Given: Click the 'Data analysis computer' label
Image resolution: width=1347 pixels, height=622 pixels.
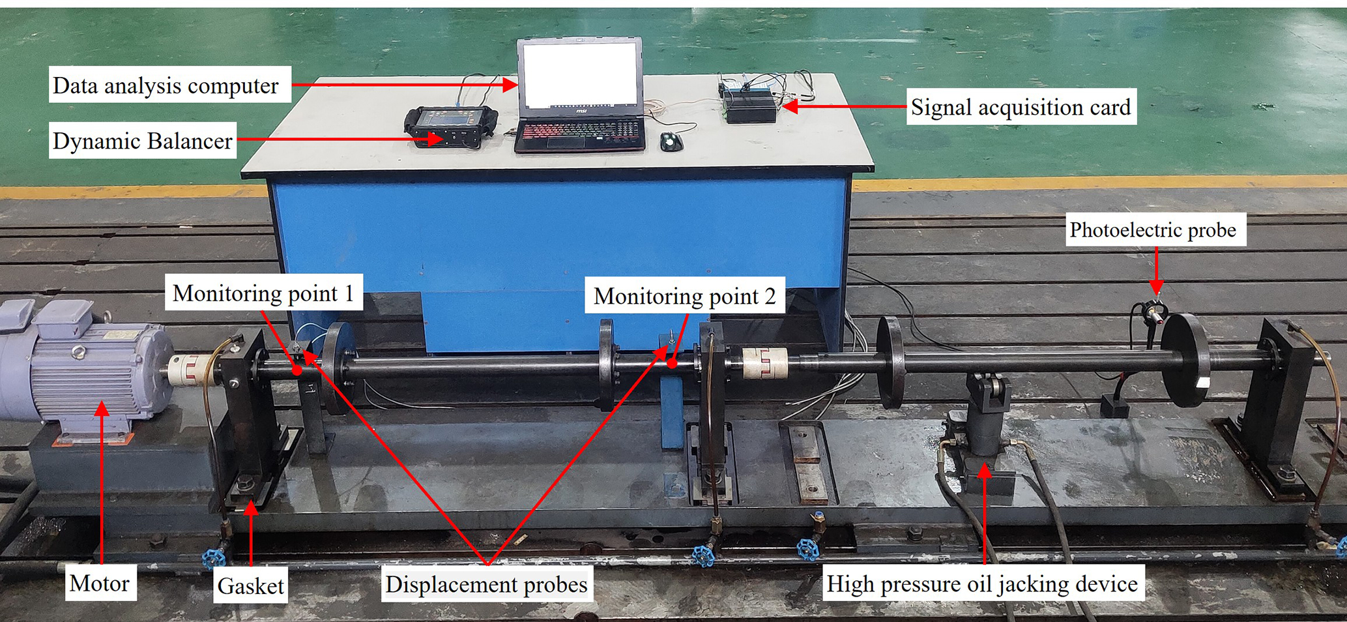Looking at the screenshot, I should point(166,85).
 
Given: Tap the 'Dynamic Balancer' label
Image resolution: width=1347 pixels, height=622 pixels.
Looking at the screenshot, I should point(142,141).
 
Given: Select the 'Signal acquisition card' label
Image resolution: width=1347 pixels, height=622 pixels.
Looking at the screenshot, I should point(1021,107).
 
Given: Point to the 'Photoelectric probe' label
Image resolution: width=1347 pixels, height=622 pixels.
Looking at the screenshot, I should point(1153,230).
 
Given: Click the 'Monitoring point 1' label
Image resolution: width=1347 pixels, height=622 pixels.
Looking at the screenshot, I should point(263,293).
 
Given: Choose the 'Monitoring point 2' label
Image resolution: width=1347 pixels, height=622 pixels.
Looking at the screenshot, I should point(684,296).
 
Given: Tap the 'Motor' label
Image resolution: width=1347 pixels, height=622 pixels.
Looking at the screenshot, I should point(99,583).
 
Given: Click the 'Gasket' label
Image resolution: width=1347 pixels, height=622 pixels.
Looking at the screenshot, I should point(250,585).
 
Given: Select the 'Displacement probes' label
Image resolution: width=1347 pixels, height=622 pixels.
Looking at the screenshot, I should point(486,584).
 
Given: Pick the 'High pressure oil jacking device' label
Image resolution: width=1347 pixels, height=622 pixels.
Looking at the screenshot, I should point(981,584).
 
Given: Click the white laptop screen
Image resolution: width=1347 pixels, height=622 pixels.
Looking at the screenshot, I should point(579,74).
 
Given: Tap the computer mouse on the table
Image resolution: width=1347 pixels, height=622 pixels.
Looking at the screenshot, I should point(671,141).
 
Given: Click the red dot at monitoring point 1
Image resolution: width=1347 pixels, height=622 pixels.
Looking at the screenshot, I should point(297,370).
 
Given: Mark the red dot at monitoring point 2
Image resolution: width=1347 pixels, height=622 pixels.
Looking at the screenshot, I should point(672,363).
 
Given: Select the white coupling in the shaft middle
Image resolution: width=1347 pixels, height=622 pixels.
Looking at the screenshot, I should point(764,363).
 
